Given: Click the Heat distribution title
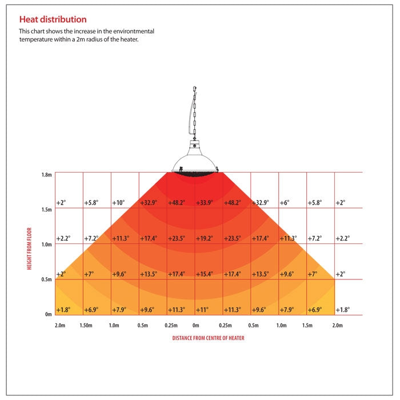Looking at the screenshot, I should (x=53, y=19).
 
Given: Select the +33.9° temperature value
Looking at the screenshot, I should (x=205, y=203).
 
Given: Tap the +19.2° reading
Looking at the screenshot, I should (x=205, y=238).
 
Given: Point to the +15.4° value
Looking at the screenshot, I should (x=205, y=274).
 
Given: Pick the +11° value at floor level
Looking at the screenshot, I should (x=203, y=310).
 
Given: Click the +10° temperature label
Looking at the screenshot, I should (x=118, y=203).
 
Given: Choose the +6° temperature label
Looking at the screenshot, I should (x=285, y=203).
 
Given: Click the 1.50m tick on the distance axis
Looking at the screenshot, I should (x=86, y=325).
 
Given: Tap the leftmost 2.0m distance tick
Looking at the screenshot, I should (x=59, y=325).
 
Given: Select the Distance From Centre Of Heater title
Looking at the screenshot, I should (x=209, y=338).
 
